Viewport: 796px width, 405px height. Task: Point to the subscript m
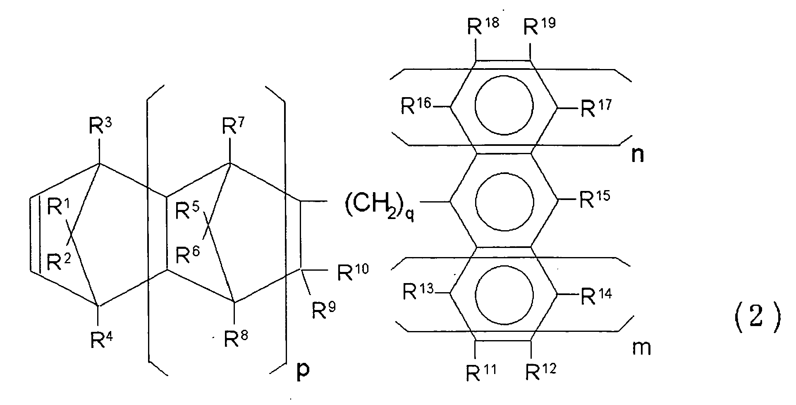coord(641,349)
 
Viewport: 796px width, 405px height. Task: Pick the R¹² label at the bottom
coord(540,371)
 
